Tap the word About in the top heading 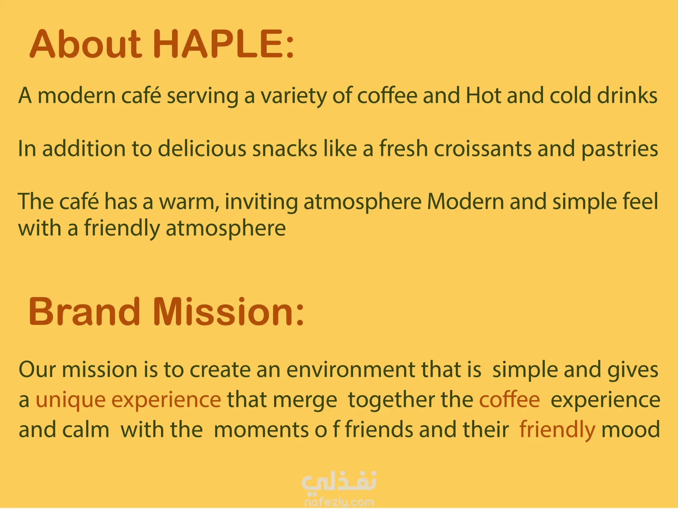click(x=86, y=44)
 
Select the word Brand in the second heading click(x=84, y=311)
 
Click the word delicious click(x=202, y=148)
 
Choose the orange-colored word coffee click(x=509, y=399)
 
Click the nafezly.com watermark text click(x=339, y=502)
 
